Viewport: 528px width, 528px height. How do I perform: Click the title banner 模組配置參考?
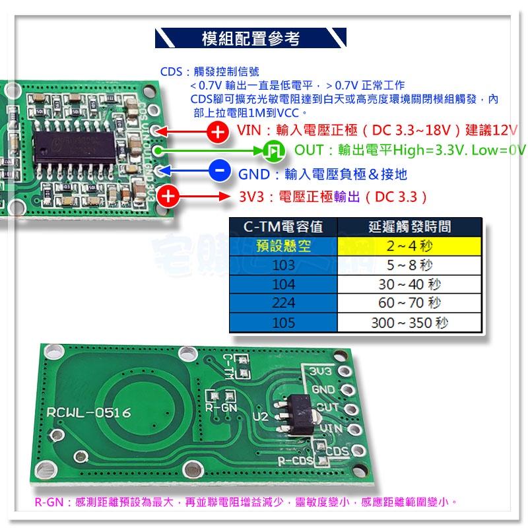(250, 39)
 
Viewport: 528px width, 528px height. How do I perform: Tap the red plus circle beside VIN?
(217, 132)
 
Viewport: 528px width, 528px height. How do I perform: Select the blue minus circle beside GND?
(219, 172)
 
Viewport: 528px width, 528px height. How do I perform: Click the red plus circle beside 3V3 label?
(170, 196)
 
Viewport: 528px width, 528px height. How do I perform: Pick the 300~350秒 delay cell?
(409, 323)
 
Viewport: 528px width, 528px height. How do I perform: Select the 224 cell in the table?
(282, 304)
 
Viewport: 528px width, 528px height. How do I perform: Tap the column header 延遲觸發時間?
(409, 228)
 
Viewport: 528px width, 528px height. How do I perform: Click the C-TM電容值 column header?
(282, 228)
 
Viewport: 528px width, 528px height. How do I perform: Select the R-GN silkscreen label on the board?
(218, 408)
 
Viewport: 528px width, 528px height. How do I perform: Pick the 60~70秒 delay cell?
(409, 304)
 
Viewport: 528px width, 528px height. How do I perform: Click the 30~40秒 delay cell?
(409, 285)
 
